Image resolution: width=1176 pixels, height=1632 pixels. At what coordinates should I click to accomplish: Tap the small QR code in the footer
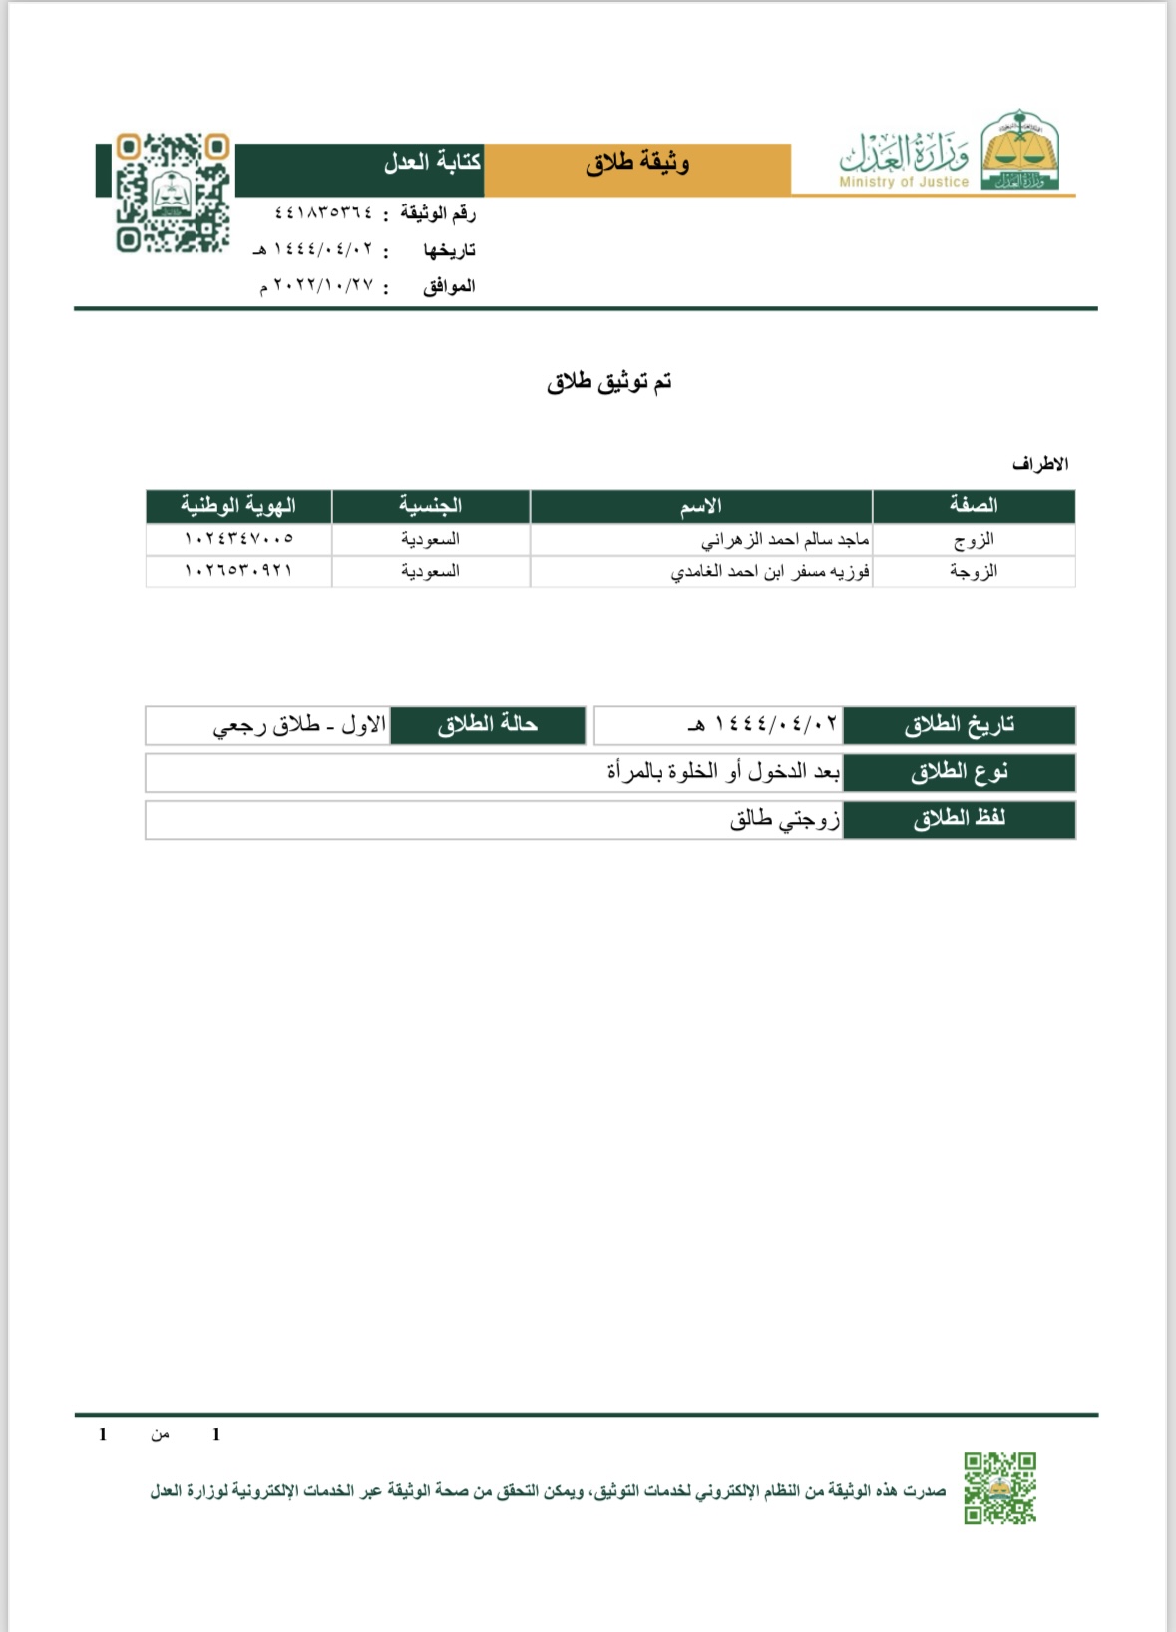[999, 1487]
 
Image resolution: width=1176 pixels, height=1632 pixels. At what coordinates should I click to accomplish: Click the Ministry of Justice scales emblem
[1019, 150]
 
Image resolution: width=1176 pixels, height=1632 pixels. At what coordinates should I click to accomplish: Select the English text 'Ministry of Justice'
[904, 182]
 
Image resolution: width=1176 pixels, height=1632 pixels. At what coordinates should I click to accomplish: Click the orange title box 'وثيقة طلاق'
[637, 163]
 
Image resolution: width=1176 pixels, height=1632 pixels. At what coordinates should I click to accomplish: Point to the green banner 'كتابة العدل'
[432, 162]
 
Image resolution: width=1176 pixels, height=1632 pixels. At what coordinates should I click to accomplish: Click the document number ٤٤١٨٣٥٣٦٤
[322, 212]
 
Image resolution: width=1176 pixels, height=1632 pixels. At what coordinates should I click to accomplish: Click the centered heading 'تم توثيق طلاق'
[608, 382]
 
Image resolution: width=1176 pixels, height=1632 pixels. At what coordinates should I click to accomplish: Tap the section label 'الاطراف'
[1039, 464]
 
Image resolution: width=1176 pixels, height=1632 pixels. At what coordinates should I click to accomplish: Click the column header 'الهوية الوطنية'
[238, 506]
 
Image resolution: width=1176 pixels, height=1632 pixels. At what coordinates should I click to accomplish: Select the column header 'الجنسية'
[430, 506]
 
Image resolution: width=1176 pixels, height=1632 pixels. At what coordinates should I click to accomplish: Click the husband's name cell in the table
[785, 540]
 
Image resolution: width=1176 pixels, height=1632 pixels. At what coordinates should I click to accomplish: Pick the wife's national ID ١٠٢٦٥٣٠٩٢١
[238, 571]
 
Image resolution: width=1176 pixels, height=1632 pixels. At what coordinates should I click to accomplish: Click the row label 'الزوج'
[974, 540]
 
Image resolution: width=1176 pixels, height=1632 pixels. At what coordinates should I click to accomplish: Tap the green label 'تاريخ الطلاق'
[959, 725]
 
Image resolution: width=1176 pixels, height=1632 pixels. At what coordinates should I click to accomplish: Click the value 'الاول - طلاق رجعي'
[299, 725]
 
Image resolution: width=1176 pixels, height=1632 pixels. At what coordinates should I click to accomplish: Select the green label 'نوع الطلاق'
[959, 772]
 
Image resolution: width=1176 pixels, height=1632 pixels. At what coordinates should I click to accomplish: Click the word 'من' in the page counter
[160, 1435]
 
